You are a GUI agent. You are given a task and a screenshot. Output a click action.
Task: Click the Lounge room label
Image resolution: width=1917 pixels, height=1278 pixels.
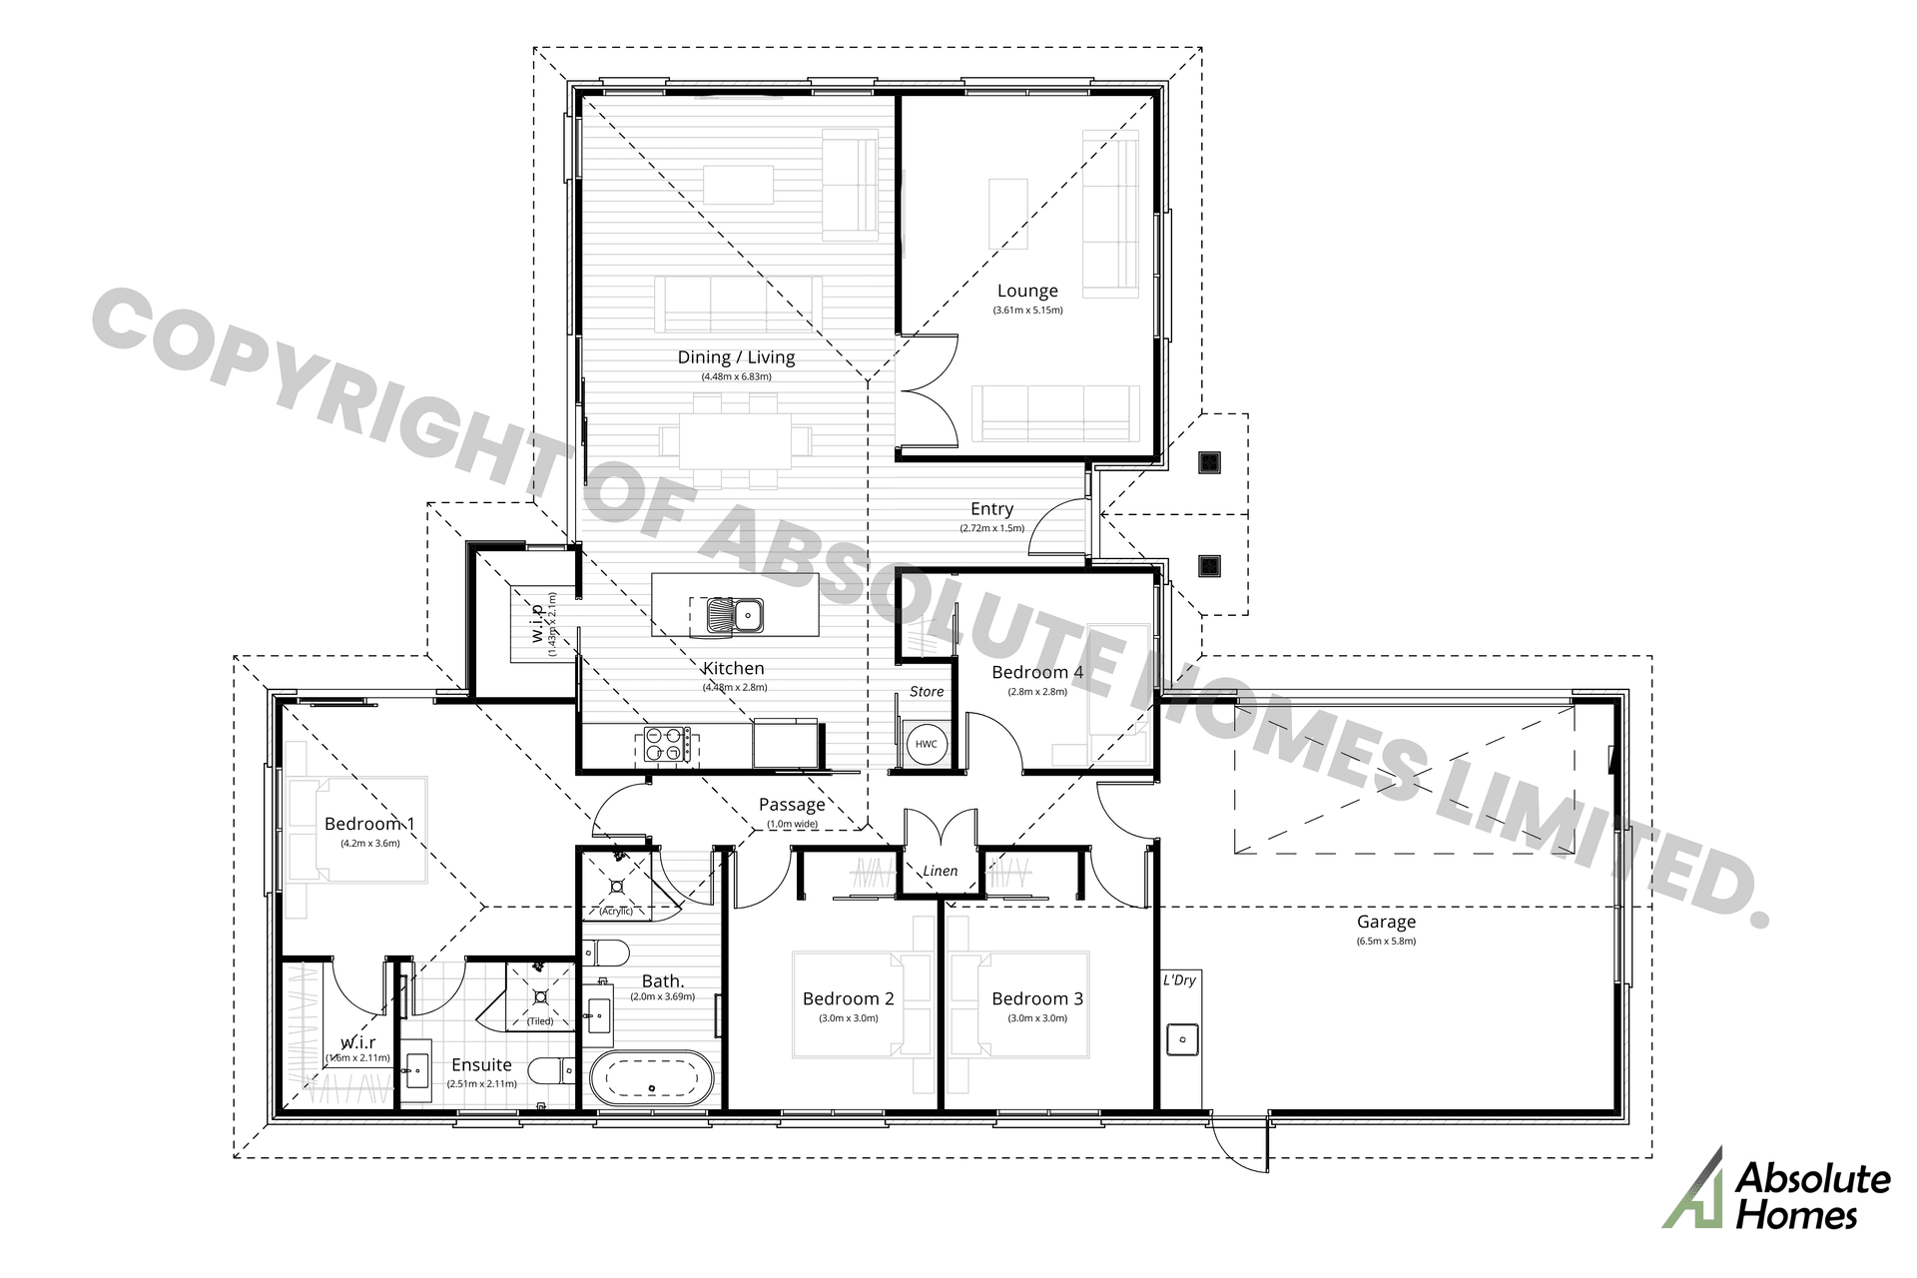1027,291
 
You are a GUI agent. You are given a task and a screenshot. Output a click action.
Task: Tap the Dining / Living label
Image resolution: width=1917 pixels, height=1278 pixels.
736,357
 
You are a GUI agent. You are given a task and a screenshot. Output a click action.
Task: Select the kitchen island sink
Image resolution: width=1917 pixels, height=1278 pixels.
735,615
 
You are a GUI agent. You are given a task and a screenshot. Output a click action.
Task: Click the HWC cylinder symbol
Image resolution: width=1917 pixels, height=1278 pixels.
926,744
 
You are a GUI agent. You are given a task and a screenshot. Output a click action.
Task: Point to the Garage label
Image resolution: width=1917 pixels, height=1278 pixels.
1386,922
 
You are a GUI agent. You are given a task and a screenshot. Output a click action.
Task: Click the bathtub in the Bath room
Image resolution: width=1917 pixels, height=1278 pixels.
652,1079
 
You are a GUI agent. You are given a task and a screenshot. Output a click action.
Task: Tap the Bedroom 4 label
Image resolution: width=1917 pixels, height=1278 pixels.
1036,672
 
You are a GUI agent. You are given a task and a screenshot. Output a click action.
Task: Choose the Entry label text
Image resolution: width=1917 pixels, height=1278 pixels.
991,509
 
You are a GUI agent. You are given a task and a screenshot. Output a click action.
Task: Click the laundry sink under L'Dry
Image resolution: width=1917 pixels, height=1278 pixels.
1183,1038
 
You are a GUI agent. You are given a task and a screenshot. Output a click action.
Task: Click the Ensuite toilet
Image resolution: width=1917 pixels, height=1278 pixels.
552,1072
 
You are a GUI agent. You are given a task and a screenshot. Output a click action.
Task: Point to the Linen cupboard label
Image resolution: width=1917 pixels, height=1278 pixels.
940,871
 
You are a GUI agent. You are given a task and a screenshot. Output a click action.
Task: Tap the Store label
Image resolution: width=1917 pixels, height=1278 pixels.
927,691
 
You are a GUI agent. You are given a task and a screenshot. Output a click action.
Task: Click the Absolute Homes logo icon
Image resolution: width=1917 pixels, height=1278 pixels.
1693,1188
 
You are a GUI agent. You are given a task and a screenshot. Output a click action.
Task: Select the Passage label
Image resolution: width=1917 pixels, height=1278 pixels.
792,805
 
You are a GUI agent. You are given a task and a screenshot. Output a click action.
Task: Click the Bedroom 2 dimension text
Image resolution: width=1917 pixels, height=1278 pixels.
848,1018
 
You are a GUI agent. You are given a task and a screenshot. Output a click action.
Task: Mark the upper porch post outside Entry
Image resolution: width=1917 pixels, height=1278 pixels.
1209,461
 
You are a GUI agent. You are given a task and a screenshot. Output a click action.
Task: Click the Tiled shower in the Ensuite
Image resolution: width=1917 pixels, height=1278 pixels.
540,995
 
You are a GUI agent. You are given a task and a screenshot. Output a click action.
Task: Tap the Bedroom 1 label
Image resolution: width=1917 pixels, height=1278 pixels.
369,824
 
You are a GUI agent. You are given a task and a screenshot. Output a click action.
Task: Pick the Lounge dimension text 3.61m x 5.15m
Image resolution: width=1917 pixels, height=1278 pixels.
1027,311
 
